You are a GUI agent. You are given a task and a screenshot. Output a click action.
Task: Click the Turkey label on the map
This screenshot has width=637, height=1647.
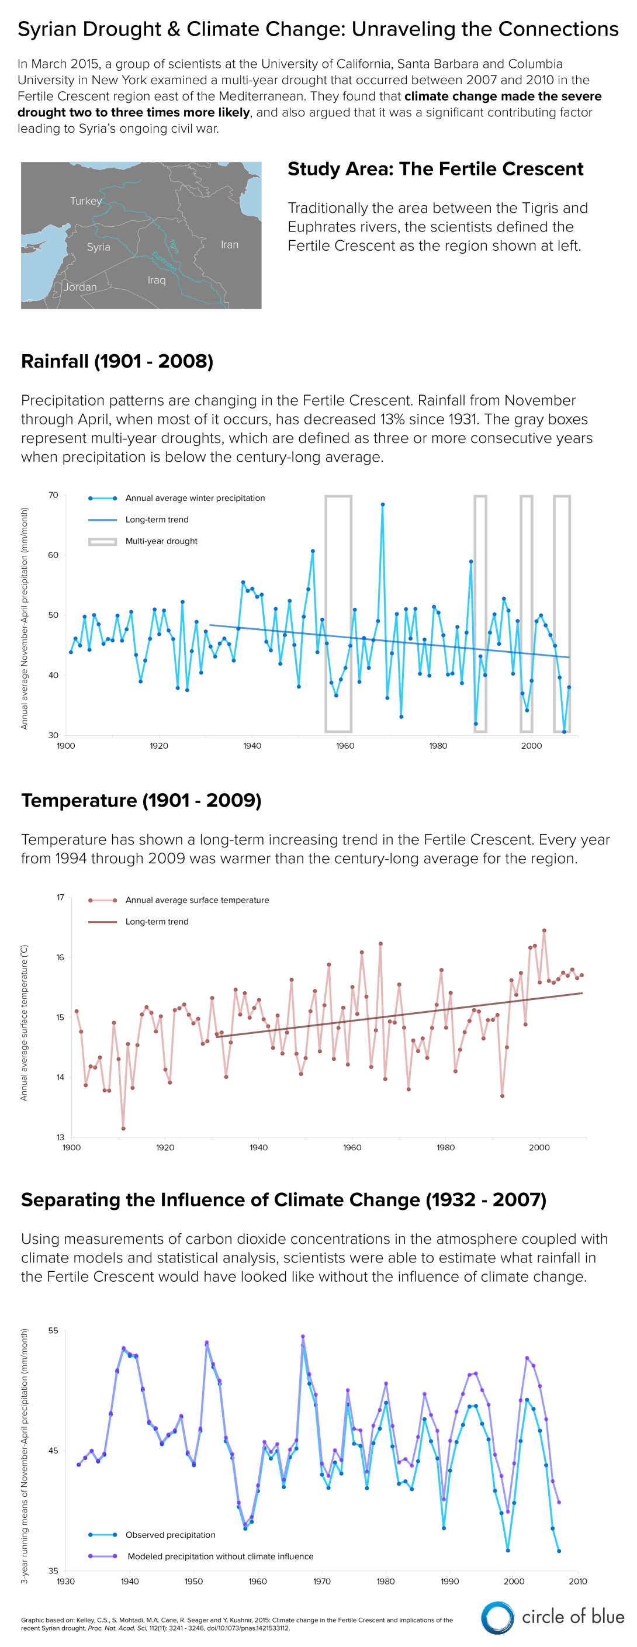(86, 200)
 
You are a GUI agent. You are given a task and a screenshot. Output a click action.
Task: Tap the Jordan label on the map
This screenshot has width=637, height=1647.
(80, 287)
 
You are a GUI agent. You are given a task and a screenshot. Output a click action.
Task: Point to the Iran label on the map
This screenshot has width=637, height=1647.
(230, 245)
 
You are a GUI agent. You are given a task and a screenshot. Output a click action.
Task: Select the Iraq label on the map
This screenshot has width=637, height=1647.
(156, 280)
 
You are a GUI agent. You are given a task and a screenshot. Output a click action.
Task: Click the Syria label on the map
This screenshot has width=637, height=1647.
(99, 247)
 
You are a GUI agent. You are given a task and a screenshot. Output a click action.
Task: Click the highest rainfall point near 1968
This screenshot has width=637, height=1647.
(382, 504)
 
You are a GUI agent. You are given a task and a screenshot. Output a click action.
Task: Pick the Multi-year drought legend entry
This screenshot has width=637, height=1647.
(161, 541)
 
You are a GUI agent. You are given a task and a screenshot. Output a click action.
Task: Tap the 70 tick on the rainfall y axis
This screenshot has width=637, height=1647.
(53, 495)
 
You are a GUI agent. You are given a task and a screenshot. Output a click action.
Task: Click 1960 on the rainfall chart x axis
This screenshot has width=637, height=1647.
(345, 746)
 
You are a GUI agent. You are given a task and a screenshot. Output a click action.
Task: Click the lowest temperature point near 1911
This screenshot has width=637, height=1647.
(123, 1129)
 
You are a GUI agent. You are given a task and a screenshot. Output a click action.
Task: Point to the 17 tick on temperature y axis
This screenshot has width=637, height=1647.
(60, 897)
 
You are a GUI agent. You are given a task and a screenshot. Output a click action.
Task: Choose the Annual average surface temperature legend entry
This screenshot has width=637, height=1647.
(197, 899)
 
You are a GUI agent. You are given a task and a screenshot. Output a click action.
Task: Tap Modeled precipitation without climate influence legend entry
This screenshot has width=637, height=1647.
(220, 1556)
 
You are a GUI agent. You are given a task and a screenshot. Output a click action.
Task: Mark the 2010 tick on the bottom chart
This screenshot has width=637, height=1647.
(577, 1581)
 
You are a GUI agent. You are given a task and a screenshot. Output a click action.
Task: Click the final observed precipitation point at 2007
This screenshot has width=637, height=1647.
(559, 1551)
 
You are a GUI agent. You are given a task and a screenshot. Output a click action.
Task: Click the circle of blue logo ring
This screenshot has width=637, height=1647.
(497, 1618)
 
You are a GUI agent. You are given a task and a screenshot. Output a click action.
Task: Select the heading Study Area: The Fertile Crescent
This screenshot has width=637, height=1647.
(435, 169)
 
